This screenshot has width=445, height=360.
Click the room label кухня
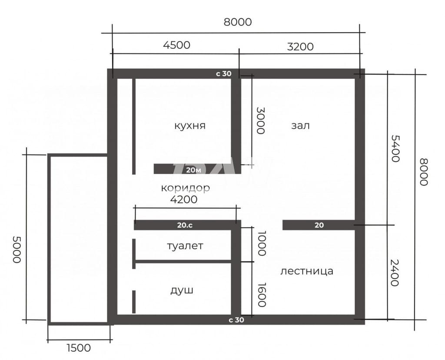(190, 126)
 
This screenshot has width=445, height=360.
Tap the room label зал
(300, 126)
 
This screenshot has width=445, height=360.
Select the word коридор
(185, 188)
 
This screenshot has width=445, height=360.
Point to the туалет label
(185, 246)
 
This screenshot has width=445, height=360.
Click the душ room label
(182, 290)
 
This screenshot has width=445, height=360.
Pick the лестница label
(307, 271)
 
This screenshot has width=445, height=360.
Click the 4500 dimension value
(176, 45)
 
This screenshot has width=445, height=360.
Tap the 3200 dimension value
(300, 46)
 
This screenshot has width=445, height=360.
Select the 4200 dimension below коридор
(184, 199)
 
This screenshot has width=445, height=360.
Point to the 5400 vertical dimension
(395, 149)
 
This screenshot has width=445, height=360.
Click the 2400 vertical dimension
(395, 273)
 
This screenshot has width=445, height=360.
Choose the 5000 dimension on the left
(17, 250)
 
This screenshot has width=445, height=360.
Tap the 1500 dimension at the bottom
(79, 348)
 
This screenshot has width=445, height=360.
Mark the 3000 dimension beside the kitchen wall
(261, 120)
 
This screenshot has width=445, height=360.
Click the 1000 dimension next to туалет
(262, 243)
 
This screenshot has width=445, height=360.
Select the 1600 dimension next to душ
(262, 294)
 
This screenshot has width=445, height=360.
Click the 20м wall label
(193, 170)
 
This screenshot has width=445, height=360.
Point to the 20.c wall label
(185, 225)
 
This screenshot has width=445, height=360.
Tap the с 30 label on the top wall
(224, 74)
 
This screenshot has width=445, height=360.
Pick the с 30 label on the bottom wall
(236, 320)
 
